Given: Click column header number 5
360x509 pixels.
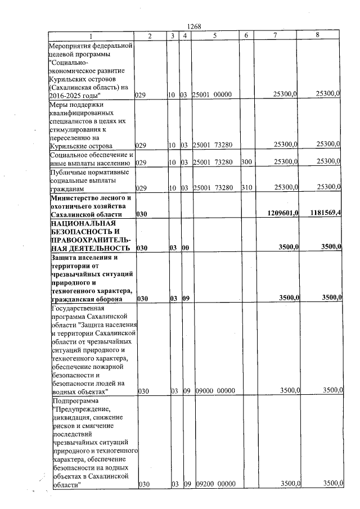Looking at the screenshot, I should pyautogui.click(x=215, y=35).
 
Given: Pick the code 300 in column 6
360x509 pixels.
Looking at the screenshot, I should pyautogui.click(x=245, y=162).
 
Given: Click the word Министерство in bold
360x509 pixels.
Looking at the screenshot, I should pyautogui.click(x=77, y=197).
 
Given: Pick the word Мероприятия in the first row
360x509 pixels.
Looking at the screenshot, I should pyautogui.click(x=73, y=45).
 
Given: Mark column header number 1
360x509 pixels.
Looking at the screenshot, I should pyautogui.click(x=92, y=35).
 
